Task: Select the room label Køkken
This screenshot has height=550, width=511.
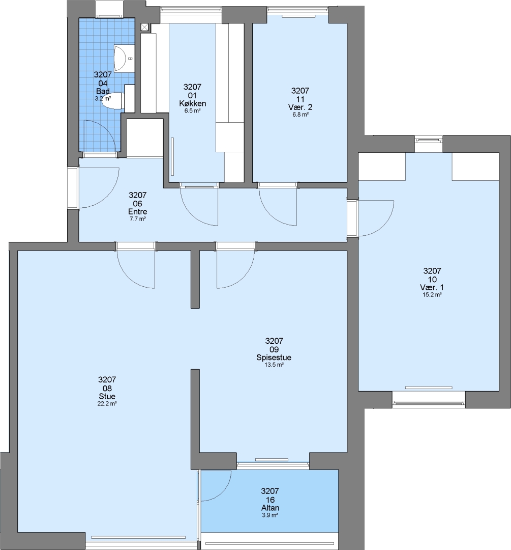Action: (x=192, y=103)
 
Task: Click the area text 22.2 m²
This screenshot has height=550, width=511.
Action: (x=107, y=404)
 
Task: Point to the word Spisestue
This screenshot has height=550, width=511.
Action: (x=274, y=358)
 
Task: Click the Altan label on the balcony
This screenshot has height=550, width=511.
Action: (x=270, y=508)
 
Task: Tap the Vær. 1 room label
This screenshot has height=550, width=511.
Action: (x=432, y=288)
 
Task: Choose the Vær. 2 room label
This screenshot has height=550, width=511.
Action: (x=300, y=107)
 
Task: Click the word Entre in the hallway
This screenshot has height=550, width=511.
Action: (x=138, y=211)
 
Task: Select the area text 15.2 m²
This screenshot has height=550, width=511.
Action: (x=432, y=295)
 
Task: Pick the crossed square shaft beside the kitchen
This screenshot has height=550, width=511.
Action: (x=144, y=27)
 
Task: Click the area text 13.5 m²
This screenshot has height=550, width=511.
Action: (x=274, y=365)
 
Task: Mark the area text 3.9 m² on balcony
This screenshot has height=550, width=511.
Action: (x=270, y=515)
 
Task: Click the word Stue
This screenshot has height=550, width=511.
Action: (x=107, y=396)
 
